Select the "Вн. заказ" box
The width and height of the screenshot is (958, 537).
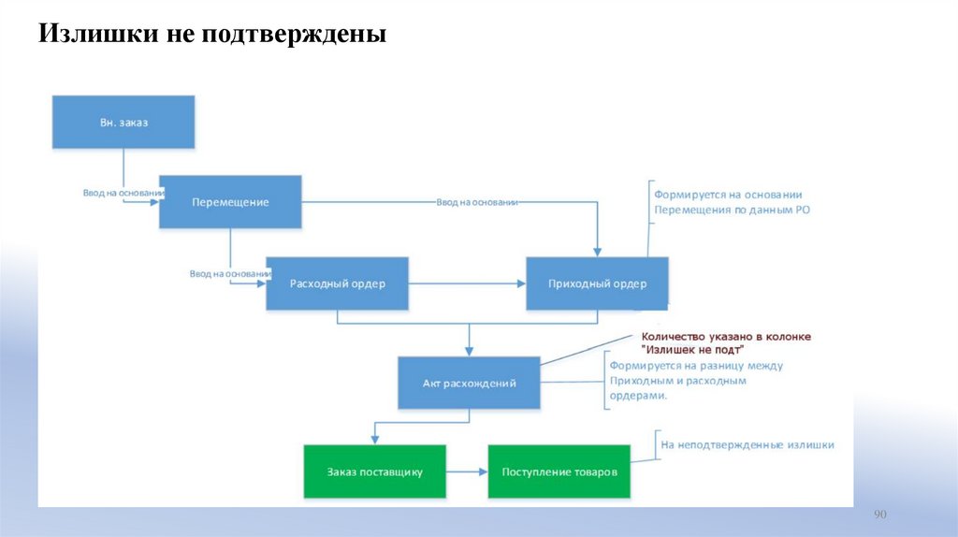click(x=123, y=122)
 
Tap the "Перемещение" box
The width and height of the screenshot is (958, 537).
click(x=230, y=202)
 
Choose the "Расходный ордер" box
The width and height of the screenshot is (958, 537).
click(x=337, y=283)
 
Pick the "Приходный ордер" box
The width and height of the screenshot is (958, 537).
click(x=597, y=283)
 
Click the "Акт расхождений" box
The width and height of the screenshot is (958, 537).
click(x=469, y=383)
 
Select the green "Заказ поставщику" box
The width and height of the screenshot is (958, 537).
click(x=374, y=472)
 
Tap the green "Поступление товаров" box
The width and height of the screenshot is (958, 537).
click(x=559, y=472)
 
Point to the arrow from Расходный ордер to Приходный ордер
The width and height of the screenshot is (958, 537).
click(x=467, y=283)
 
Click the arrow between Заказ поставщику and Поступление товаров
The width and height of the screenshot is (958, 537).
click(x=467, y=472)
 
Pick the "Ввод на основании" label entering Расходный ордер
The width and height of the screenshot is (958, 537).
click(x=230, y=273)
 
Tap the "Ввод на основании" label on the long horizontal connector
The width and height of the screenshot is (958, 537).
click(x=477, y=201)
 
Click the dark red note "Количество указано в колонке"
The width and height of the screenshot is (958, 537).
click(x=725, y=336)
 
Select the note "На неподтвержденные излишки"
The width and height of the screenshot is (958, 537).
click(x=747, y=444)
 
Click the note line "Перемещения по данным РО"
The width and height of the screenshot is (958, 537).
click(x=732, y=210)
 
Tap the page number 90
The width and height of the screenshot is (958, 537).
click(x=879, y=515)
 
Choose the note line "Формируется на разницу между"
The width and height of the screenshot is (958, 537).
click(x=696, y=366)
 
